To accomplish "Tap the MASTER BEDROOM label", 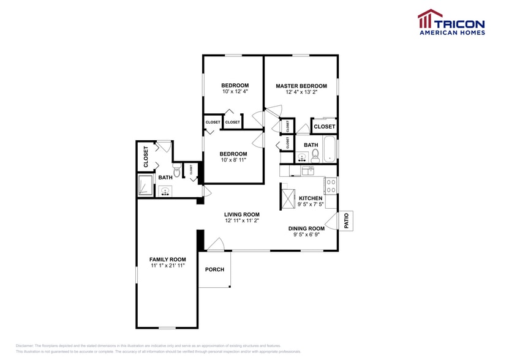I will click(x=301, y=86).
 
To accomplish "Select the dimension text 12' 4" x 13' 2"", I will click(x=301, y=92).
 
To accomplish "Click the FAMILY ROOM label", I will click(x=167, y=260).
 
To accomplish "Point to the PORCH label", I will click(x=214, y=269).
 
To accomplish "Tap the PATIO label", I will click(x=346, y=220).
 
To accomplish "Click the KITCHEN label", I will click(x=311, y=198).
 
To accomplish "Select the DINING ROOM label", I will click(x=306, y=228).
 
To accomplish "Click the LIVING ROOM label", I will click(x=242, y=214).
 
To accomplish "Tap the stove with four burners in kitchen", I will click(x=331, y=184).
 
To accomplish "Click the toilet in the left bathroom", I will click(x=177, y=171).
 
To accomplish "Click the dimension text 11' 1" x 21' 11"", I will click(x=167, y=266).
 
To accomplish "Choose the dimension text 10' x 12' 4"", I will click(x=235, y=92).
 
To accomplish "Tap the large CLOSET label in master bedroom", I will click(x=324, y=127).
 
